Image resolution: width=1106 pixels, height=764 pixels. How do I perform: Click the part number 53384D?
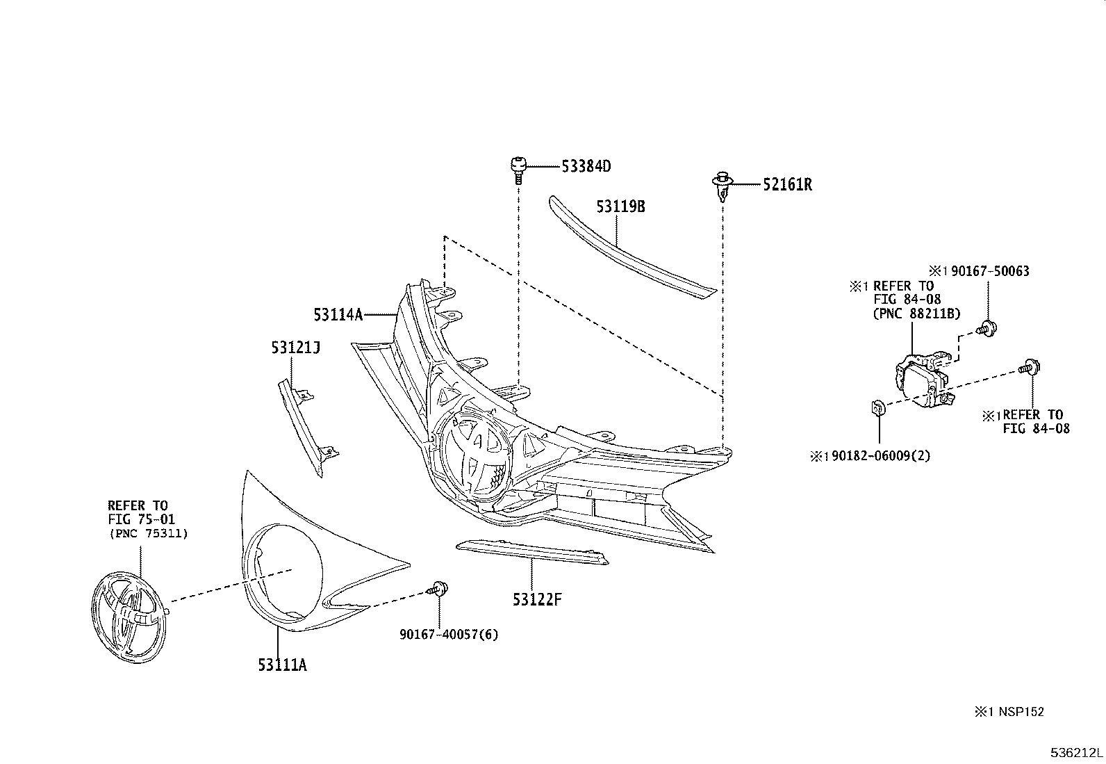pyautogui.click(x=586, y=166)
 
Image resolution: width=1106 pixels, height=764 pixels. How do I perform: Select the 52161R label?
pyautogui.click(x=787, y=185)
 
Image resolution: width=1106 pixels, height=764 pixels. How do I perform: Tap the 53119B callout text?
pyautogui.click(x=620, y=207)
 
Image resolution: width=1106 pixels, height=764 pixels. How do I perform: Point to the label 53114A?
pyautogui.click(x=338, y=315)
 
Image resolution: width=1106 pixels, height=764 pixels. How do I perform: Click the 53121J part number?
pyautogui.click(x=295, y=347)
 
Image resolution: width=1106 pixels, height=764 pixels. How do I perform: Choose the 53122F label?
pyautogui.click(x=536, y=599)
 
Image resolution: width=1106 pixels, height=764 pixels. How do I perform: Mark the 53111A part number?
pyautogui.click(x=282, y=665)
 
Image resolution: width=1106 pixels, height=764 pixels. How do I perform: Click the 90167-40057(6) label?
pyautogui.click(x=449, y=634)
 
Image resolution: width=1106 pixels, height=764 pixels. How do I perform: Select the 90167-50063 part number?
pyautogui.click(x=989, y=271)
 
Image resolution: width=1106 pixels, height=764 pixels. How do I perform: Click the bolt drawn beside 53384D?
pyautogui.click(x=516, y=169)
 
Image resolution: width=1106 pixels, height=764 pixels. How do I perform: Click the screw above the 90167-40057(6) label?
pyautogui.click(x=438, y=588)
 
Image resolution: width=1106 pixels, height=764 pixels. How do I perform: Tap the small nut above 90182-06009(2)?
pyautogui.click(x=877, y=407)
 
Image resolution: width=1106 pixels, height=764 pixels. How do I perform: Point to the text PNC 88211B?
pyautogui.click(x=916, y=314)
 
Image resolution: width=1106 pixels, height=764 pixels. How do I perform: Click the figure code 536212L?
pyautogui.click(x=1076, y=753)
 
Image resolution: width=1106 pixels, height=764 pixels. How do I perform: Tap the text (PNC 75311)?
pyautogui.click(x=149, y=533)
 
